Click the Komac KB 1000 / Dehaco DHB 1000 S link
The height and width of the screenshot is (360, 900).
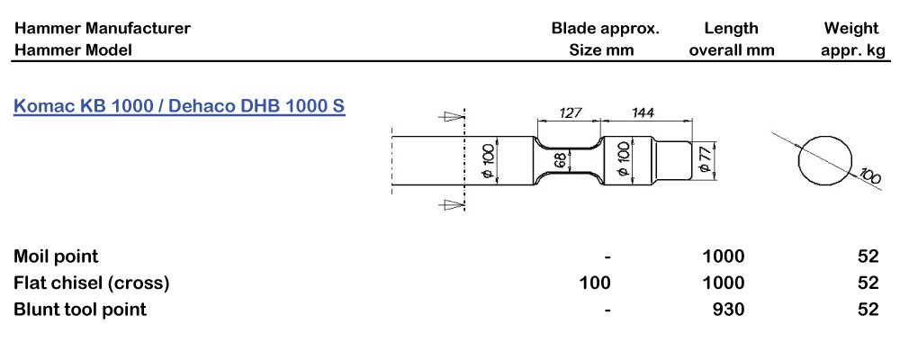click(179, 106)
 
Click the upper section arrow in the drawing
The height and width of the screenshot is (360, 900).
click(447, 115)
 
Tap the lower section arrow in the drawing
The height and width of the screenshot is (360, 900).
click(447, 205)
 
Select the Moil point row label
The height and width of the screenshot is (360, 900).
click(56, 257)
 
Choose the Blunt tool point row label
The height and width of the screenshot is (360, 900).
click(80, 310)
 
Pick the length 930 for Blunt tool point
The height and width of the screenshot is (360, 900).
click(727, 310)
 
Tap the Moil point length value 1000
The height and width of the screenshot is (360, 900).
click(724, 257)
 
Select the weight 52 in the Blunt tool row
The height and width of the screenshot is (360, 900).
click(868, 310)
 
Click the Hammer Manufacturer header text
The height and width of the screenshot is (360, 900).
click(102, 28)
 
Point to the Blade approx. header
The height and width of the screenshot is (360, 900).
click(605, 28)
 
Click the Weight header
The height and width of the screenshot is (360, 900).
click(851, 28)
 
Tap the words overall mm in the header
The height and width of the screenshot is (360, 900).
click(732, 50)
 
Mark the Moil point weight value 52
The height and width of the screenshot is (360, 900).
click(868, 257)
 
